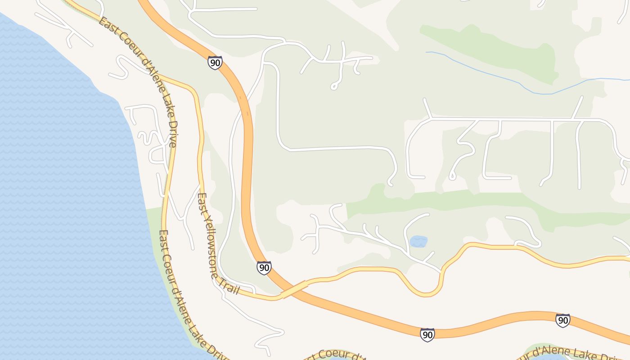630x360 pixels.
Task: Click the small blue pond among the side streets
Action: coord(418,242)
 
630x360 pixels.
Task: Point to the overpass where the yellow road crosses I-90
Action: coord(294,289)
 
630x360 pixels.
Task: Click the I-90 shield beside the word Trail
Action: coord(264,268)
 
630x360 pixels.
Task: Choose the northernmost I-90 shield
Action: coord(215,63)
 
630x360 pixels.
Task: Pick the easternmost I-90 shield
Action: coord(562,320)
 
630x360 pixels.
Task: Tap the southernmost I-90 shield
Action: coord(427,335)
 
